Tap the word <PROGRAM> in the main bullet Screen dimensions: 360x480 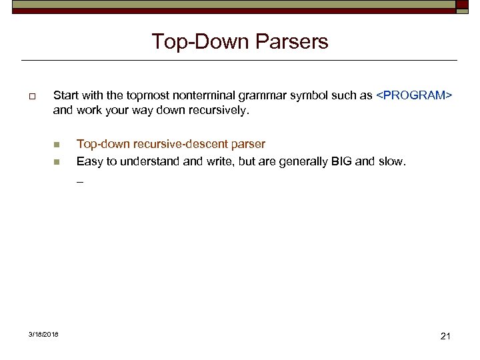click(x=414, y=95)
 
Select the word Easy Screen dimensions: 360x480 click(x=89, y=161)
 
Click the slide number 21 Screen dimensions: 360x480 click(x=446, y=336)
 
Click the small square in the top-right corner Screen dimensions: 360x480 click(x=463, y=5)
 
